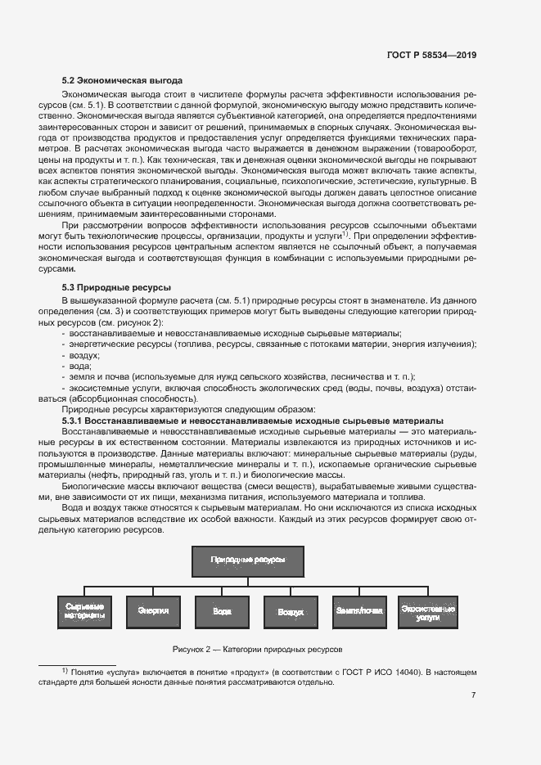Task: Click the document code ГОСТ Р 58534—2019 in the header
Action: pyautogui.click(x=431, y=55)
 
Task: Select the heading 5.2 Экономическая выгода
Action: pyautogui.click(x=122, y=80)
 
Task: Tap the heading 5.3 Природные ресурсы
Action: pyautogui.click(x=116, y=288)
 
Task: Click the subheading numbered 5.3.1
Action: pyautogui.click(x=253, y=420)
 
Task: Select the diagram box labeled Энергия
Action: pyautogui.click(x=153, y=611)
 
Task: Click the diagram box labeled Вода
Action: pyautogui.click(x=222, y=611)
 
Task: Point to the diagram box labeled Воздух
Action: pyautogui.click(x=291, y=611)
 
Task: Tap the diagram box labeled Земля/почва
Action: pyautogui.click(x=359, y=611)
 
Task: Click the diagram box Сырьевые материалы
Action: pyautogui.click(x=84, y=611)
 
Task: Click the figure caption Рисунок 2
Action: pyautogui.click(x=257, y=649)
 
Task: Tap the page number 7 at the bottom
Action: pyautogui.click(x=474, y=695)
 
